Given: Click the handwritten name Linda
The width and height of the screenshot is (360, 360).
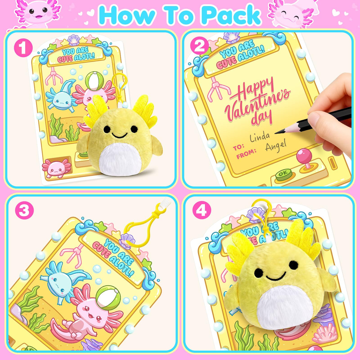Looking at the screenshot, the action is tap(260, 137).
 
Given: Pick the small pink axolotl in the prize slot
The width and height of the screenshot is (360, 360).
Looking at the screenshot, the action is tap(56, 168).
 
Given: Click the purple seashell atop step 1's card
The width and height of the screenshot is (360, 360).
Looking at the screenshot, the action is tap(74, 40).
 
